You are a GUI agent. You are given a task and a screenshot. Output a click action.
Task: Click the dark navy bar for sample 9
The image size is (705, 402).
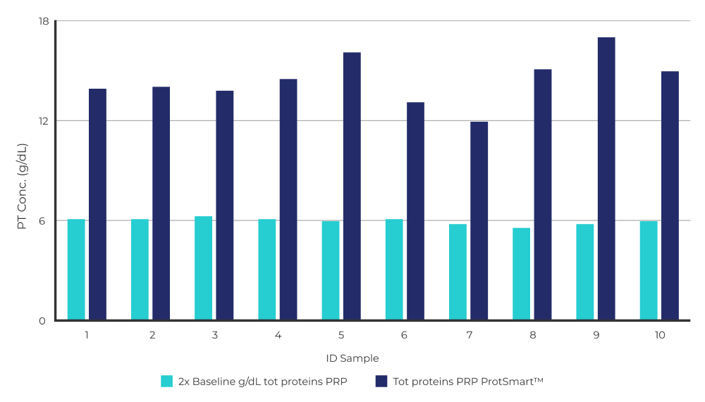coord(606,179)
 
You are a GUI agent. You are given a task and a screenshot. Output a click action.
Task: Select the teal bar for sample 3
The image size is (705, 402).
coord(203,268)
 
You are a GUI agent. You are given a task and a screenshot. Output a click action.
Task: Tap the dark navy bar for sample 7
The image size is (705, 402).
coord(479,221)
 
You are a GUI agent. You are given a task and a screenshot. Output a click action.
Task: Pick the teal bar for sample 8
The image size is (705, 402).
coord(521,275)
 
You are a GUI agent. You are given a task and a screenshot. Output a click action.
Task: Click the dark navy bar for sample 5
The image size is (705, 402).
coord(352,187)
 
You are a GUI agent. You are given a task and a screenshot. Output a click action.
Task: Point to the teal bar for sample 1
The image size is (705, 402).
coord(76,270)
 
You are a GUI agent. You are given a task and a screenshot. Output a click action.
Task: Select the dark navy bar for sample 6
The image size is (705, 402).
coord(415,211)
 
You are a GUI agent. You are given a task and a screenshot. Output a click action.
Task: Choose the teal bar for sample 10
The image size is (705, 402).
coord(649,271)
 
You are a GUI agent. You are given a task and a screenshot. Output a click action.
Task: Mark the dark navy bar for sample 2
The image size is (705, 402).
coord(161,203)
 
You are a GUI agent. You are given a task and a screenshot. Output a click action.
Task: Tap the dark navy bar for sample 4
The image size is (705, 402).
coord(288,200)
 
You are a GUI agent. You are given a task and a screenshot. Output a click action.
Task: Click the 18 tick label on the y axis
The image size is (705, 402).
coord(43,21)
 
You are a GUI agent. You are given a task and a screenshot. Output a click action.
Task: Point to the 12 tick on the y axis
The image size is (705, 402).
coord(43,121)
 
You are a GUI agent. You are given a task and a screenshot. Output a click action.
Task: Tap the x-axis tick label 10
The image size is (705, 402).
coord(660,335)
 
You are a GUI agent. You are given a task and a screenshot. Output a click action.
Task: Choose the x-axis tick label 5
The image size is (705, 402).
coord(341,335)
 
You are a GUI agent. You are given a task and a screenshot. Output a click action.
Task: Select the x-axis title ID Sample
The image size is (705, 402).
coord(352,358)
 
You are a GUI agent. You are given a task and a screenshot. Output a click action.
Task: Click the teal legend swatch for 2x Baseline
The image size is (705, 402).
coord(167,381)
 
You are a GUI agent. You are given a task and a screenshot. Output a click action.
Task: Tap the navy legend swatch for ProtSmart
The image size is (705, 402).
coord(381,381)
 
